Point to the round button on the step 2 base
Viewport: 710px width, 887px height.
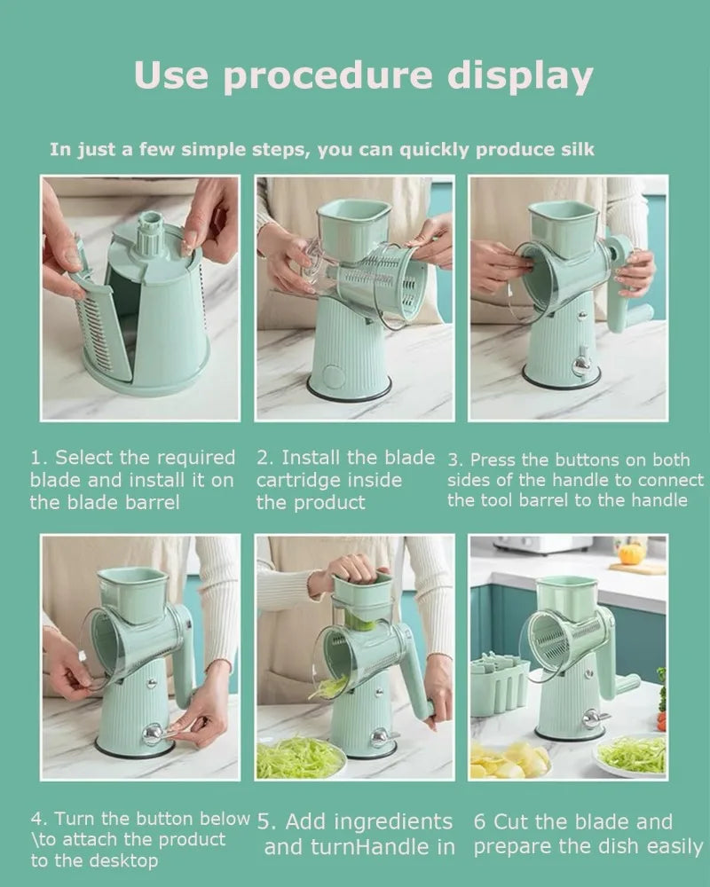(333, 376)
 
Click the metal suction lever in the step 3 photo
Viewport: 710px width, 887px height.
(581, 363)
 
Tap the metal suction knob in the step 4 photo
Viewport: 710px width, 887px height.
(154, 734)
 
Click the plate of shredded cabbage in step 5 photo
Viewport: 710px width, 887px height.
(299, 757)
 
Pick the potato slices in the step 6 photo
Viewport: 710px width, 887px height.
(508, 761)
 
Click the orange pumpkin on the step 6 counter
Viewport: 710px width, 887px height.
(629, 554)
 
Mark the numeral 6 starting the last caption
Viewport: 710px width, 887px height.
(479, 821)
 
